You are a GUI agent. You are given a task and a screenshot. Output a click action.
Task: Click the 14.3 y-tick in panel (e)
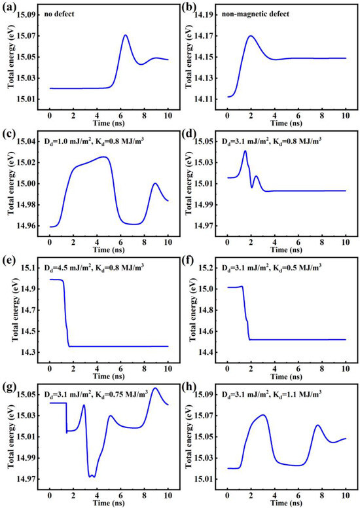point(35,353)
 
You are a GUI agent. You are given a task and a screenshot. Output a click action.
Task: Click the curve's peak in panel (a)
point(125,35)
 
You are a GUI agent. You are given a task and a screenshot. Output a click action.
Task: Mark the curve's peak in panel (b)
point(251,36)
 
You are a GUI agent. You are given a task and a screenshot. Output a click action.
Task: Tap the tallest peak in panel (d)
point(245,151)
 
